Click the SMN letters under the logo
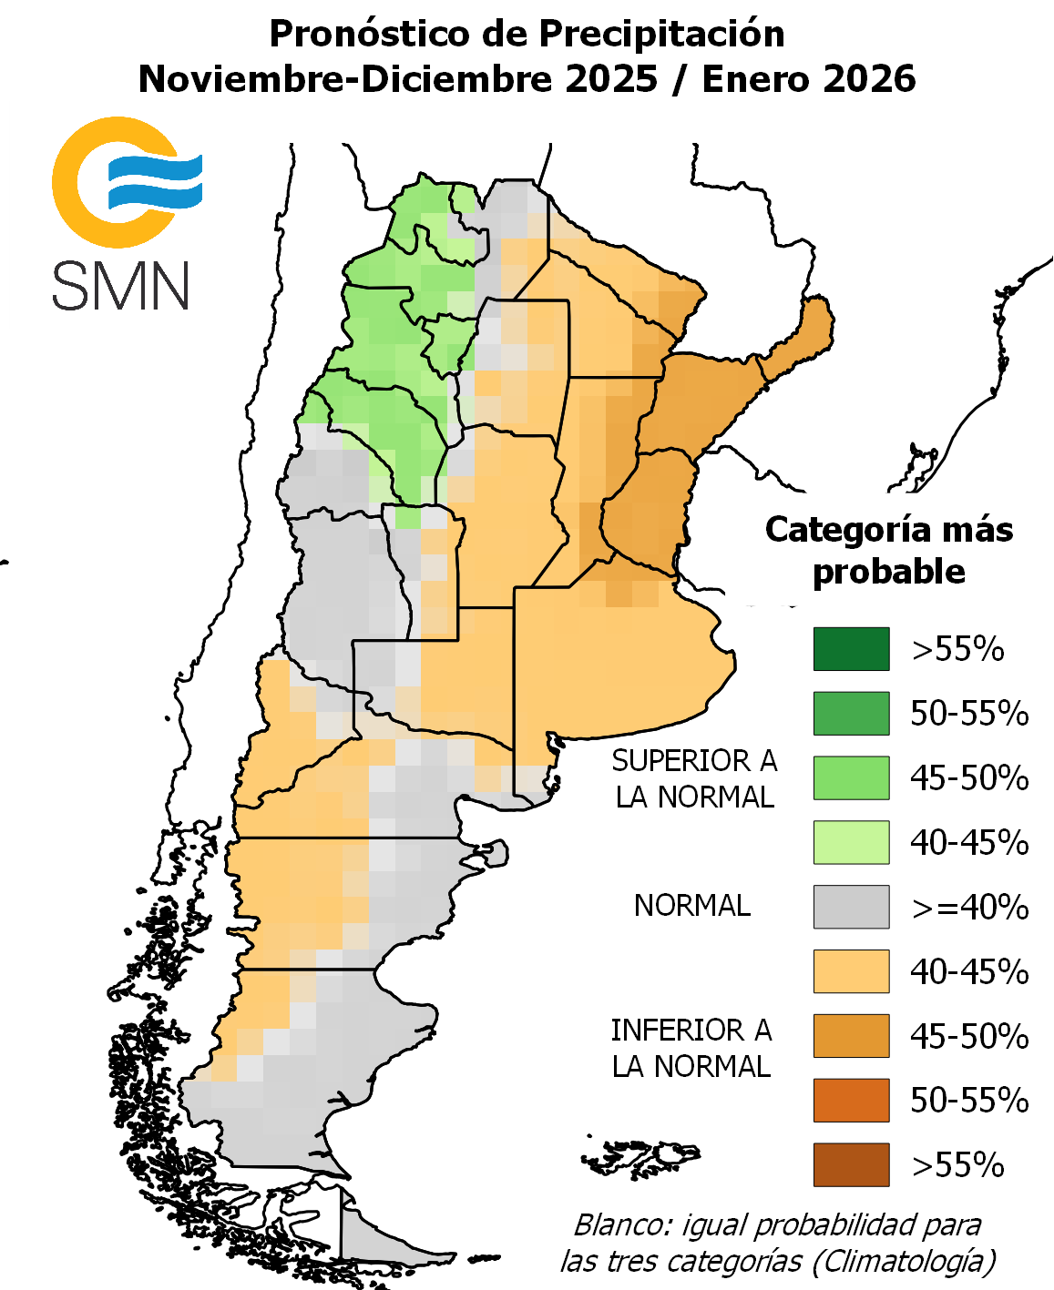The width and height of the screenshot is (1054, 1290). click(x=120, y=285)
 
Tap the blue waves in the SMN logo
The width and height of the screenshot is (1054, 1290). click(x=155, y=180)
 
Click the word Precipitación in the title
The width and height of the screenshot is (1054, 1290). click(x=661, y=35)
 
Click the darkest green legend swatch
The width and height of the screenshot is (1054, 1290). click(x=851, y=649)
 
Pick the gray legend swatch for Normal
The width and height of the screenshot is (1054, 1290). click(x=851, y=907)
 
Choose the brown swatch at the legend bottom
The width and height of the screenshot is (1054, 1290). click(x=851, y=1164)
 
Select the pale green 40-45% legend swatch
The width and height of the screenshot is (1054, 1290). click(x=851, y=842)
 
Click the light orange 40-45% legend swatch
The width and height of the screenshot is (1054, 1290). click(x=851, y=971)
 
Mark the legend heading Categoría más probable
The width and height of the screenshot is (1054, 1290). click(x=888, y=550)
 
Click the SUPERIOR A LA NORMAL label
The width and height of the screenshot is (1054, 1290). click(x=694, y=778)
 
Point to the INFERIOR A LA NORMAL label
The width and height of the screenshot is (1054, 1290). click(x=691, y=1048)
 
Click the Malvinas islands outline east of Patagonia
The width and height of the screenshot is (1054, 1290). click(x=642, y=1159)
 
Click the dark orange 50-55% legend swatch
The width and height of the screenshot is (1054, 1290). click(x=851, y=1100)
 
